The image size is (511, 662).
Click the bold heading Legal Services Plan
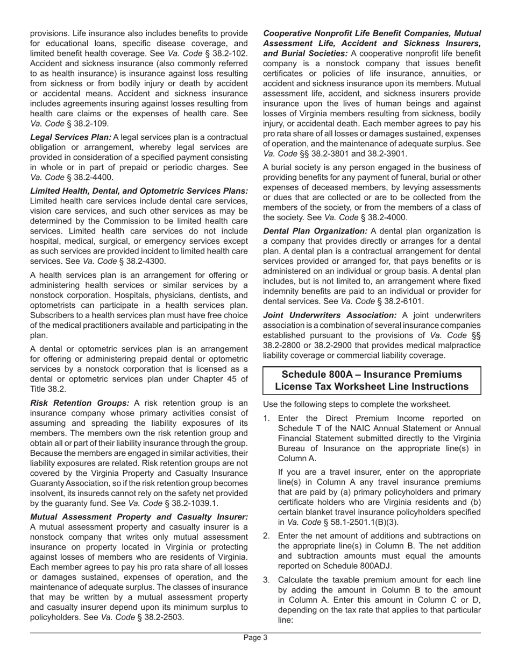pos(70,137)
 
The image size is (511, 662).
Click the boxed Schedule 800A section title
pos(372,381)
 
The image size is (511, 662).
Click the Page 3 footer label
pos(256,638)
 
